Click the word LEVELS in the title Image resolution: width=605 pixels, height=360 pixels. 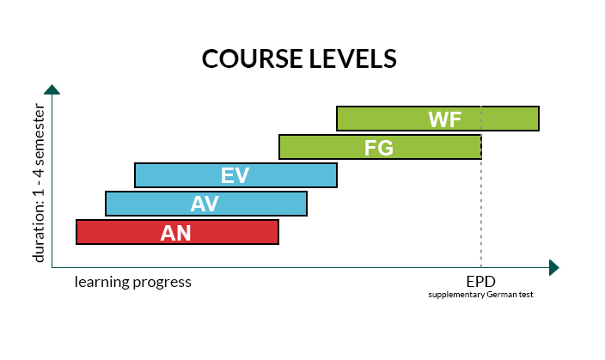pos(355,58)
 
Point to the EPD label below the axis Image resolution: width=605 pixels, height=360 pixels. pos(480,281)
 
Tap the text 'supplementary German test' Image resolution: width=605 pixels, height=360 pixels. pos(480,295)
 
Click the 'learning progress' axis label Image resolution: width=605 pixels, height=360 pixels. pos(132,281)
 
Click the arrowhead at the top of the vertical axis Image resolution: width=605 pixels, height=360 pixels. pos(52,89)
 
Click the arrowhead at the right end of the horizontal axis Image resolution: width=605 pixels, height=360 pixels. pos(553,268)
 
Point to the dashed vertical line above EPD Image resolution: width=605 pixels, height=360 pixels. pos(480,215)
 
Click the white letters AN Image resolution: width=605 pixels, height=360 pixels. pos(175,233)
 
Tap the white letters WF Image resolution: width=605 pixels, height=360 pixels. pos(445,119)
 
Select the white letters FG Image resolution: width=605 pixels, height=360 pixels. pos(378,147)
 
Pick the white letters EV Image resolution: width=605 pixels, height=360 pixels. pos(235,175)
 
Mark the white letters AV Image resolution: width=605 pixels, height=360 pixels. pos(205,204)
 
